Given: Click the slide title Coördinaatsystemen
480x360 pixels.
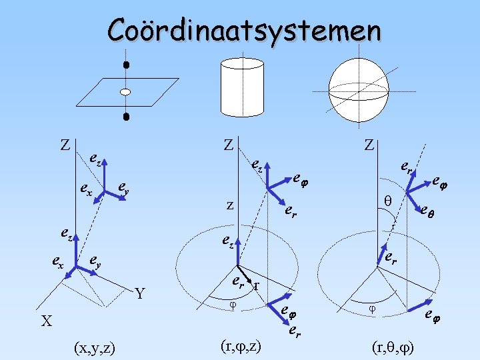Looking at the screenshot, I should point(245,30).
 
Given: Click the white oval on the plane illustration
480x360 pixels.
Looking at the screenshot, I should point(125,92).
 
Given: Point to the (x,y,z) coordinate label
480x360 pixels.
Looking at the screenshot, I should point(94,347).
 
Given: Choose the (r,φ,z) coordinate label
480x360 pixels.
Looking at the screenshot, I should point(240,345).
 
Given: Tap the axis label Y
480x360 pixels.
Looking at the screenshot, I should point(140,293).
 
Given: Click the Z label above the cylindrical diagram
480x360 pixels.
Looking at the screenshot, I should point(228,145).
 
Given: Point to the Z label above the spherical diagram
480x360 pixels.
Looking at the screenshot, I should point(370,145).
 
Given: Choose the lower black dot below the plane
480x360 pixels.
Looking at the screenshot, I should point(125,117).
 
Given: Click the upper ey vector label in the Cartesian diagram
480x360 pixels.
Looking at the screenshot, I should point(123,189).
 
